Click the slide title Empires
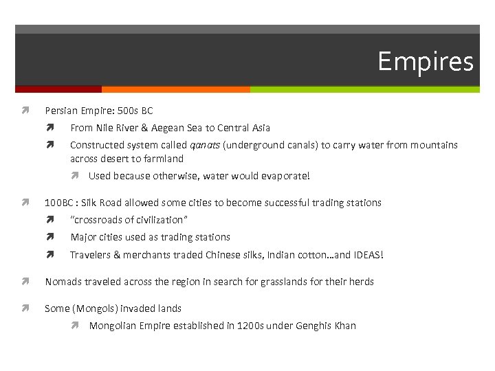(x=425, y=62)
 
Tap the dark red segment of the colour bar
(x=58, y=89)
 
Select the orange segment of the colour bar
(x=175, y=89)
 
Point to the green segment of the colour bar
(x=364, y=89)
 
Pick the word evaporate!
(x=285, y=176)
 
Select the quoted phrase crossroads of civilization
(x=129, y=220)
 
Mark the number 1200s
(x=252, y=326)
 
